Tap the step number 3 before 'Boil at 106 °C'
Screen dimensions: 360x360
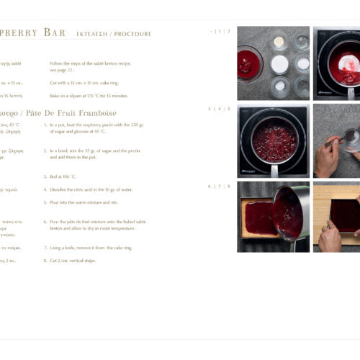tap(45, 176)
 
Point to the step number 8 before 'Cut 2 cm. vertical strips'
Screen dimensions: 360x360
tap(45, 261)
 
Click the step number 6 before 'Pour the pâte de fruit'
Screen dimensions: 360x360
tap(45, 222)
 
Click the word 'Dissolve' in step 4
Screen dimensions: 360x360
tap(59, 189)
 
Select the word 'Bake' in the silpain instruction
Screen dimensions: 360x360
tap(55, 96)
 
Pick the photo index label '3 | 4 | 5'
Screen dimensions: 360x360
tap(220, 109)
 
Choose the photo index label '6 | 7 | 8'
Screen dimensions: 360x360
tap(220, 186)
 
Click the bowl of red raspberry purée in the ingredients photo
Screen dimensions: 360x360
tap(249, 64)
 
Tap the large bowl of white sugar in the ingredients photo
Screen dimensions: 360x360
tap(279, 64)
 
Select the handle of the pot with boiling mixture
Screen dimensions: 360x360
tap(274, 170)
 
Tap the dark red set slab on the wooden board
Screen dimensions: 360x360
tap(344, 215)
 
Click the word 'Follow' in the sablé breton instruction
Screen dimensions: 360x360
tap(57, 63)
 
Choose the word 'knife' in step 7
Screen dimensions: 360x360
tap(68, 248)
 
